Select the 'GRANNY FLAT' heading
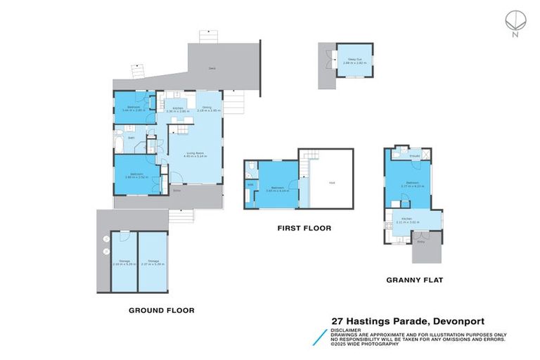click(414, 279)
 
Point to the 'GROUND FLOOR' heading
click(161, 309)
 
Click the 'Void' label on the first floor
click(331, 183)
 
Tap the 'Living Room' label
click(195, 153)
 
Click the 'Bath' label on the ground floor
click(131, 138)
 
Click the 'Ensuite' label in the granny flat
click(415, 155)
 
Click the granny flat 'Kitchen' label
click(406, 219)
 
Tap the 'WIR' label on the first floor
click(250, 185)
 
